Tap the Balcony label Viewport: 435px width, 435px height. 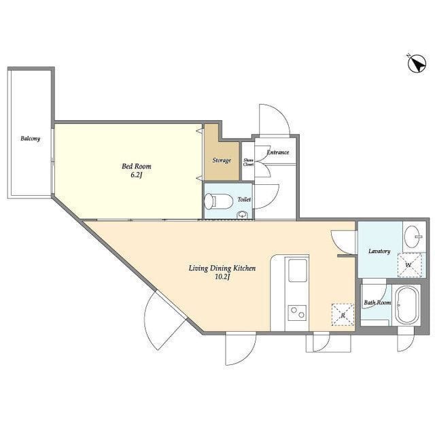click(30, 139)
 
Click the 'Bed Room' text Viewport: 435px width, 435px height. click(136, 166)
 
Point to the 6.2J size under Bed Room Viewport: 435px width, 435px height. click(137, 175)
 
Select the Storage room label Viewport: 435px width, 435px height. click(222, 160)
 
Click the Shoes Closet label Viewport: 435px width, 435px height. click(248, 162)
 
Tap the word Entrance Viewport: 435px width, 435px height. click(277, 152)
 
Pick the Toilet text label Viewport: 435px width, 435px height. click(244, 199)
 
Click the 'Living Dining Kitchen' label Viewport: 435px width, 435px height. click(222, 268)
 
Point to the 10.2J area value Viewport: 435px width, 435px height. click(222, 277)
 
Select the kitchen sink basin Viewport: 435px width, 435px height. click(297, 271)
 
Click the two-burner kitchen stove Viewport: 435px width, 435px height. click(297, 313)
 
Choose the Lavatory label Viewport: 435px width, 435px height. click(379, 251)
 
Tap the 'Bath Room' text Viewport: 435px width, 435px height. click(377, 302)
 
